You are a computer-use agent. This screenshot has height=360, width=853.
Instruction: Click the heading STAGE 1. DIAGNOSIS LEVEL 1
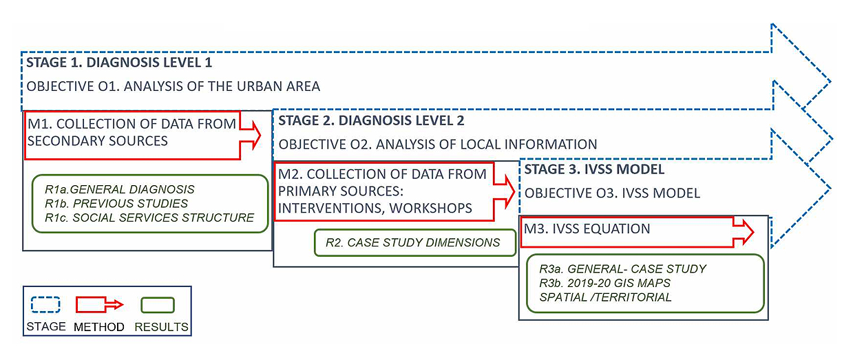click(x=119, y=63)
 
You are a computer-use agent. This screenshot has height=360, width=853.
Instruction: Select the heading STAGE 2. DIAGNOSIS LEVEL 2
click(x=371, y=120)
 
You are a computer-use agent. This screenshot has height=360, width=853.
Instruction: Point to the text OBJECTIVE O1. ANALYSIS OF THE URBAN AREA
click(x=173, y=87)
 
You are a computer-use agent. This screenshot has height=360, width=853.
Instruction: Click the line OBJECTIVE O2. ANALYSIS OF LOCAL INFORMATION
click(x=438, y=145)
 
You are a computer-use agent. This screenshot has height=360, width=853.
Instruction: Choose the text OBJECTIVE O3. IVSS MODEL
click(x=612, y=193)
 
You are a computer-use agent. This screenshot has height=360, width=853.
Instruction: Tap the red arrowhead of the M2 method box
click(x=508, y=191)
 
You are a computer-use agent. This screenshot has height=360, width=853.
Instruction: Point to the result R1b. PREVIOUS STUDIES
click(x=116, y=203)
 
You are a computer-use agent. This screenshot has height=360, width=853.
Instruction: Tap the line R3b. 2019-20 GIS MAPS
click(x=605, y=283)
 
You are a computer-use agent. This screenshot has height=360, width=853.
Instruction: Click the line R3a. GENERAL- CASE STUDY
click(x=623, y=269)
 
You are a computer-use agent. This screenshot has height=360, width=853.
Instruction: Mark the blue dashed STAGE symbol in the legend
click(x=46, y=304)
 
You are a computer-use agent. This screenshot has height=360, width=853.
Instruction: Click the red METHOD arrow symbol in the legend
click(x=99, y=304)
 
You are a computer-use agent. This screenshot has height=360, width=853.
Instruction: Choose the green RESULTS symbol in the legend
click(x=158, y=304)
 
